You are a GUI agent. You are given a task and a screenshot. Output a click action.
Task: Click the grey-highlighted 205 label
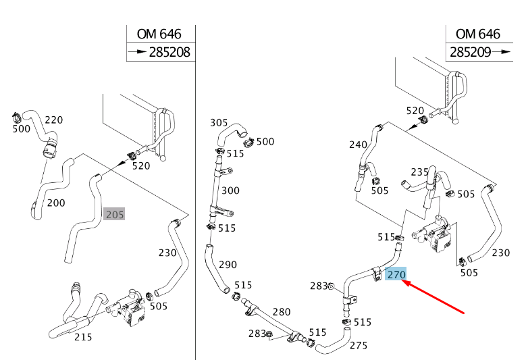pyautogui.click(x=115, y=215)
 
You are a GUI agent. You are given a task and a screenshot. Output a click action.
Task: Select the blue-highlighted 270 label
pyautogui.click(x=396, y=275)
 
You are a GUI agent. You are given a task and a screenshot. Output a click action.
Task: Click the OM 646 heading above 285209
pyautogui.click(x=478, y=34)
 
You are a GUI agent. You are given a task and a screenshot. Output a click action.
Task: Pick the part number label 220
pyautogui.click(x=53, y=120)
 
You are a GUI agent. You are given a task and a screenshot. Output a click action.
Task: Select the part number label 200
pyautogui.click(x=56, y=203)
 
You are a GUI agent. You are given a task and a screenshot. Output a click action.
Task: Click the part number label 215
pyautogui.click(x=83, y=336)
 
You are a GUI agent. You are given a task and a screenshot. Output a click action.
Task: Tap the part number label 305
pyautogui.click(x=219, y=122)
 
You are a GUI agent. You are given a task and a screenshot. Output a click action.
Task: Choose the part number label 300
pyautogui.click(x=230, y=190)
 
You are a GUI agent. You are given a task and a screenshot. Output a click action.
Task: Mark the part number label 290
pyautogui.click(x=228, y=264)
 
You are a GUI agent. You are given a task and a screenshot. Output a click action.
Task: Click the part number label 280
pyautogui.click(x=281, y=311)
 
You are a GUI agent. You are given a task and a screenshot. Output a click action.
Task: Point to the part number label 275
pyautogui.click(x=359, y=345)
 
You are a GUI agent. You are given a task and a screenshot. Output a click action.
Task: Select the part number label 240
pyautogui.click(x=359, y=144)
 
